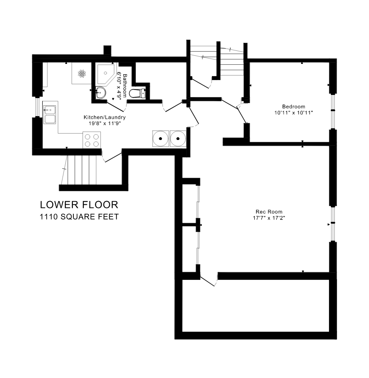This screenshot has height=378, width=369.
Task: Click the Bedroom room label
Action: click(293, 107)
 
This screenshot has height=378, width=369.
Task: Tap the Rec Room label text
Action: click(269, 212)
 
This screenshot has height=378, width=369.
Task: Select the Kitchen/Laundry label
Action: click(104, 117)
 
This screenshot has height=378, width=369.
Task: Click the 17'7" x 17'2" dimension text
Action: click(269, 218)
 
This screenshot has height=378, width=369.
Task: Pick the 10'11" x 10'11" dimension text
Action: click(293, 112)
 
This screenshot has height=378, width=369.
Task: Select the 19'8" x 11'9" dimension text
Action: click(104, 123)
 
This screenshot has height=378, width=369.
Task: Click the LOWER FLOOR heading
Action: click(79, 205)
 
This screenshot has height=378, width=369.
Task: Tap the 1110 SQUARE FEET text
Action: click(79, 217)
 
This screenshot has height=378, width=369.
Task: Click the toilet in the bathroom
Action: click(137, 94)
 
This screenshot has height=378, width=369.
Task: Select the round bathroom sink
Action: click(100, 93)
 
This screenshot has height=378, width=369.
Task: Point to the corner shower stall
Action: click(106, 74)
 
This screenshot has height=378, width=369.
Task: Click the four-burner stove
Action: click(92, 140)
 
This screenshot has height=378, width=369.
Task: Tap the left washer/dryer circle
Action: click(160, 139)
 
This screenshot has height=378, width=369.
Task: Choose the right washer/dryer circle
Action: click(178, 139)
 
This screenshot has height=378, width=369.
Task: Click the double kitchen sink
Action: click(49, 115)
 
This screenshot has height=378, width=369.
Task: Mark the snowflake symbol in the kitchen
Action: click(82, 73)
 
